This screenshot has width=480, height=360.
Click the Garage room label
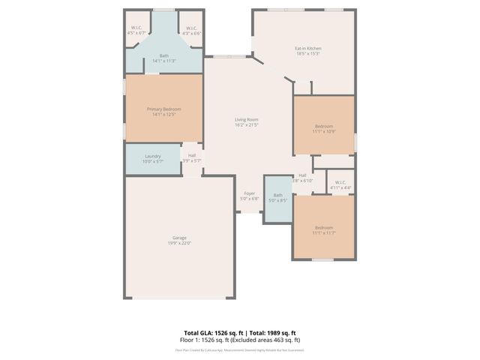pyautogui.click(x=179, y=238)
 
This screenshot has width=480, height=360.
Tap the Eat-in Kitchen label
pyautogui.click(x=307, y=49)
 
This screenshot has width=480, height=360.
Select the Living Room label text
pyautogui.click(x=246, y=119)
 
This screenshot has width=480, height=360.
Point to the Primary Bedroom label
pyautogui.click(x=163, y=109)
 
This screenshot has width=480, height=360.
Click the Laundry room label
pyautogui.click(x=153, y=156)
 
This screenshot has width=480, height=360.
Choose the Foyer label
pyautogui.click(x=249, y=193)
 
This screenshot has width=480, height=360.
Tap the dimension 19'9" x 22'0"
pyautogui.click(x=179, y=243)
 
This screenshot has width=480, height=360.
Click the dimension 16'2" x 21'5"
pyautogui.click(x=246, y=124)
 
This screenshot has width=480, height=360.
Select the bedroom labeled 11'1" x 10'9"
pyautogui.click(x=324, y=128)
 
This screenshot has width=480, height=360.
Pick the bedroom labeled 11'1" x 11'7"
pyautogui.click(x=324, y=229)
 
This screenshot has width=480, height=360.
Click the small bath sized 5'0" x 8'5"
pyautogui.click(x=277, y=198)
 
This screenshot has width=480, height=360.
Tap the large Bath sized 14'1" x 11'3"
pyautogui.click(x=163, y=58)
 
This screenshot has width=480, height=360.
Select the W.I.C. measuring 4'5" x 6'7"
pyautogui.click(x=137, y=31)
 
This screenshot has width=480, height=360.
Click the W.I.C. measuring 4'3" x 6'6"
pyautogui.click(x=191, y=31)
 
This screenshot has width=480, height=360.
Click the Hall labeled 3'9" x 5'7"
pyautogui.click(x=192, y=158)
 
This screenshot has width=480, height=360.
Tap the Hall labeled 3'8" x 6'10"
pyautogui.click(x=302, y=178)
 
